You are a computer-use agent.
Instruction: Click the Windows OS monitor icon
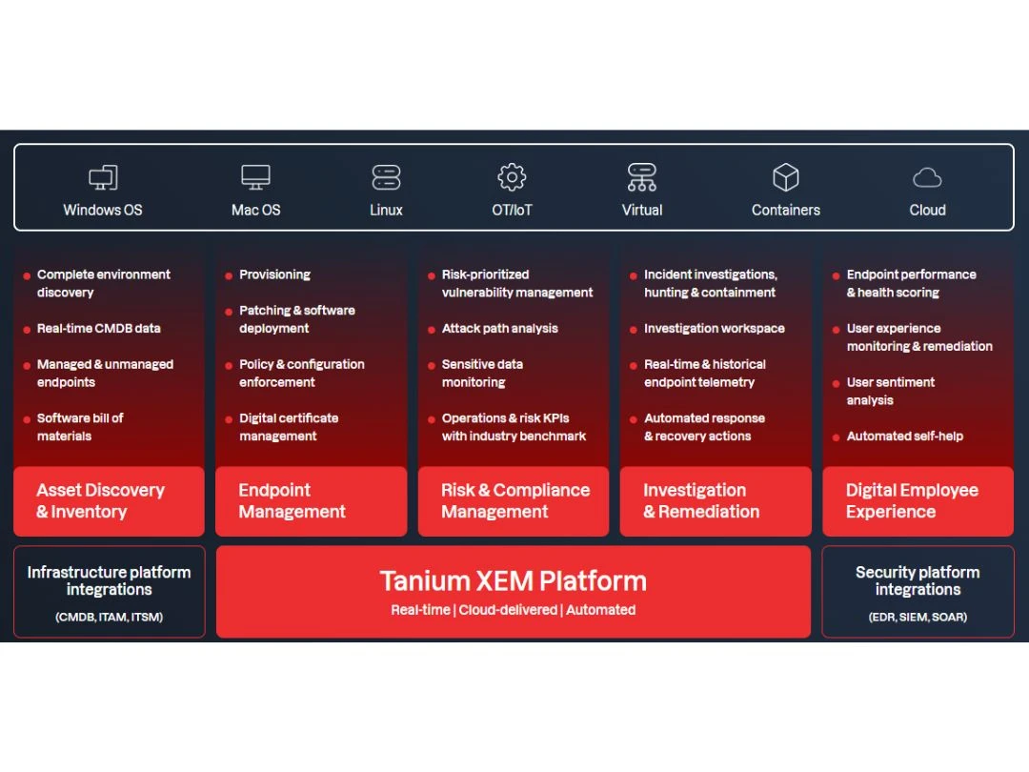(x=103, y=177)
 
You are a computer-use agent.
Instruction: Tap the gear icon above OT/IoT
(x=512, y=177)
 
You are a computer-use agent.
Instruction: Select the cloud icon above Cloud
(x=927, y=177)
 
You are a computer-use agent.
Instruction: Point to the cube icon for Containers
(x=785, y=177)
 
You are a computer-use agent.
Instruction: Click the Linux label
(x=386, y=210)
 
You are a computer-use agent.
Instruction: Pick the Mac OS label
(x=255, y=210)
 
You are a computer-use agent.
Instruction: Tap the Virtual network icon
(x=641, y=177)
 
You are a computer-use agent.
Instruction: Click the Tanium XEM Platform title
(x=513, y=581)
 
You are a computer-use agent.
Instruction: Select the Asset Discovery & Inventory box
(x=109, y=501)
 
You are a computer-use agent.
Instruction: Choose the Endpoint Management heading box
(x=311, y=501)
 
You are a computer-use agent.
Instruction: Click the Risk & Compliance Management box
(x=514, y=501)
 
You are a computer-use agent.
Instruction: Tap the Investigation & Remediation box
(x=716, y=501)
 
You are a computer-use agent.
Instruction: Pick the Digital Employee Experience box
(x=918, y=501)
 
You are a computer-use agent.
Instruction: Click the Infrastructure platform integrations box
(x=109, y=592)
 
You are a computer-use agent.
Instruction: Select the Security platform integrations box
(x=918, y=592)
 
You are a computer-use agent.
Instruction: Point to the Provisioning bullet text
(x=274, y=274)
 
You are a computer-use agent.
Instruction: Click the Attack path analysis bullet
(x=499, y=329)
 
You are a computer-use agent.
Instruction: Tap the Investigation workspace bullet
(x=714, y=329)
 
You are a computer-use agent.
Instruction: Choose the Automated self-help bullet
(x=904, y=437)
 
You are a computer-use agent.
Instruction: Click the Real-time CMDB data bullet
(x=98, y=329)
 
